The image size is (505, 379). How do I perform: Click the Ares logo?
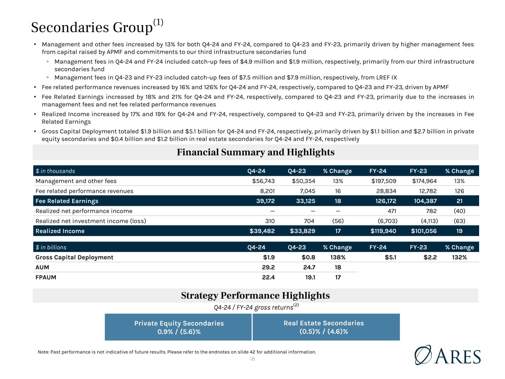448,355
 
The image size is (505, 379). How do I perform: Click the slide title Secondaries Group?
92,27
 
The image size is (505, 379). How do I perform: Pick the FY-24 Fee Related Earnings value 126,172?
384,201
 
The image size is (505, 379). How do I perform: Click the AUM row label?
42,267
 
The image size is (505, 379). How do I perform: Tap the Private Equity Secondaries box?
179,327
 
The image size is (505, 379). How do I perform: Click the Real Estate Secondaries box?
324,327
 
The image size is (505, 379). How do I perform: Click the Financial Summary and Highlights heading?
255,152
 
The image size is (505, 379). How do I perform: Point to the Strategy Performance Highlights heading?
255,295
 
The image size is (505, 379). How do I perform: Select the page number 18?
252,359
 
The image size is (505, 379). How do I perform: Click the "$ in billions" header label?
51,247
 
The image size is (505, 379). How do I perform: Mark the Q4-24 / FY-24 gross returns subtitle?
255,307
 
